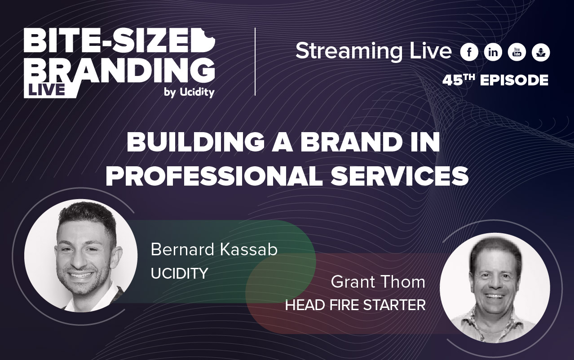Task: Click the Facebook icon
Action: [469, 53]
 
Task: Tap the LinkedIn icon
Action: [493, 53]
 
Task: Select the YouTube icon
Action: [517, 53]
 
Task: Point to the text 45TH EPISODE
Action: [495, 80]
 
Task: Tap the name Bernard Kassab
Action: [214, 250]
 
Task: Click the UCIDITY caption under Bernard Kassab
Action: [179, 273]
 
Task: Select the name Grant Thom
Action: [378, 282]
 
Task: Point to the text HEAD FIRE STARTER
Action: [355, 305]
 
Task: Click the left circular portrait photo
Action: [81, 255]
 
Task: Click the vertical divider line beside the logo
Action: [255, 62]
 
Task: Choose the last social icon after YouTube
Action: [541, 53]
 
